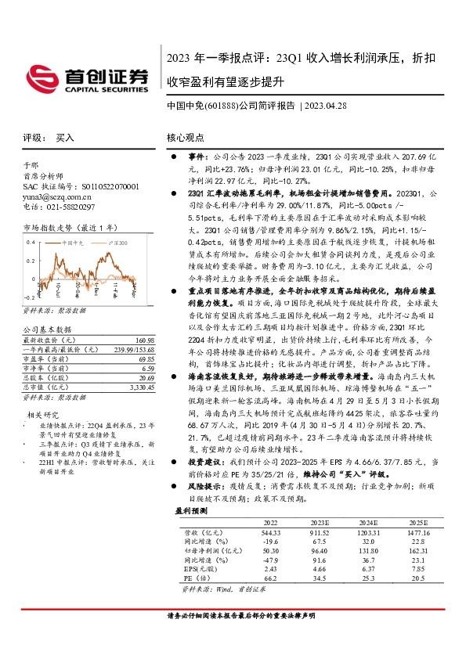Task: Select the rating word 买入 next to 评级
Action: click(x=65, y=137)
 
